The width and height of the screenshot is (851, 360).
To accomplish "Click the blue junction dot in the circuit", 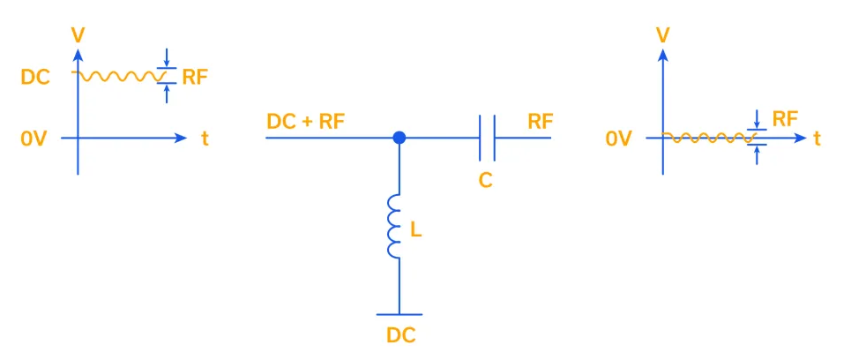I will point(399,138).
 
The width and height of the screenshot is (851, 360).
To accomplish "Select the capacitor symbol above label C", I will point(488,138).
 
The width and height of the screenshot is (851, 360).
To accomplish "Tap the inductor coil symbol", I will point(394,228).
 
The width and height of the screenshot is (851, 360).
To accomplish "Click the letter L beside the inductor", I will point(416,230).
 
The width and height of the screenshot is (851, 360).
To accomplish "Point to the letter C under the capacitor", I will point(485,180).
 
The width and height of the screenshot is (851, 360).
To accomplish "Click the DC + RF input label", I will point(306,122).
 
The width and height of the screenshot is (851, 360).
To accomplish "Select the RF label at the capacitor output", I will point(541,122).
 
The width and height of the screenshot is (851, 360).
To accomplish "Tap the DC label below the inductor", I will point(400,335).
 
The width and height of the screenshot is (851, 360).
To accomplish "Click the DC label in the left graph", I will point(34,77).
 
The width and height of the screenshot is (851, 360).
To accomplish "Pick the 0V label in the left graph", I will point(34,139).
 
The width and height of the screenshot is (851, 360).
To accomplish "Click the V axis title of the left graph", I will point(78,34).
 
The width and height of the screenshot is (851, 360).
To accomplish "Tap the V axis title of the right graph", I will point(663,35).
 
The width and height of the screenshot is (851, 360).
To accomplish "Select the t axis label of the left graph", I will point(205,139).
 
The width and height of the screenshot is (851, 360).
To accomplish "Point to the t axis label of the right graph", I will point(817,139).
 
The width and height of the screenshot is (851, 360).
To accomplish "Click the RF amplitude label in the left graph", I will point(195,77).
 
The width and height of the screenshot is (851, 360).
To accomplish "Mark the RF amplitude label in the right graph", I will point(785,118).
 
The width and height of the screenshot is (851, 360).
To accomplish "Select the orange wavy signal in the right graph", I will point(705,138).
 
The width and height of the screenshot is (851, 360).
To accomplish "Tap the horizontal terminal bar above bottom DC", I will point(399,313).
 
